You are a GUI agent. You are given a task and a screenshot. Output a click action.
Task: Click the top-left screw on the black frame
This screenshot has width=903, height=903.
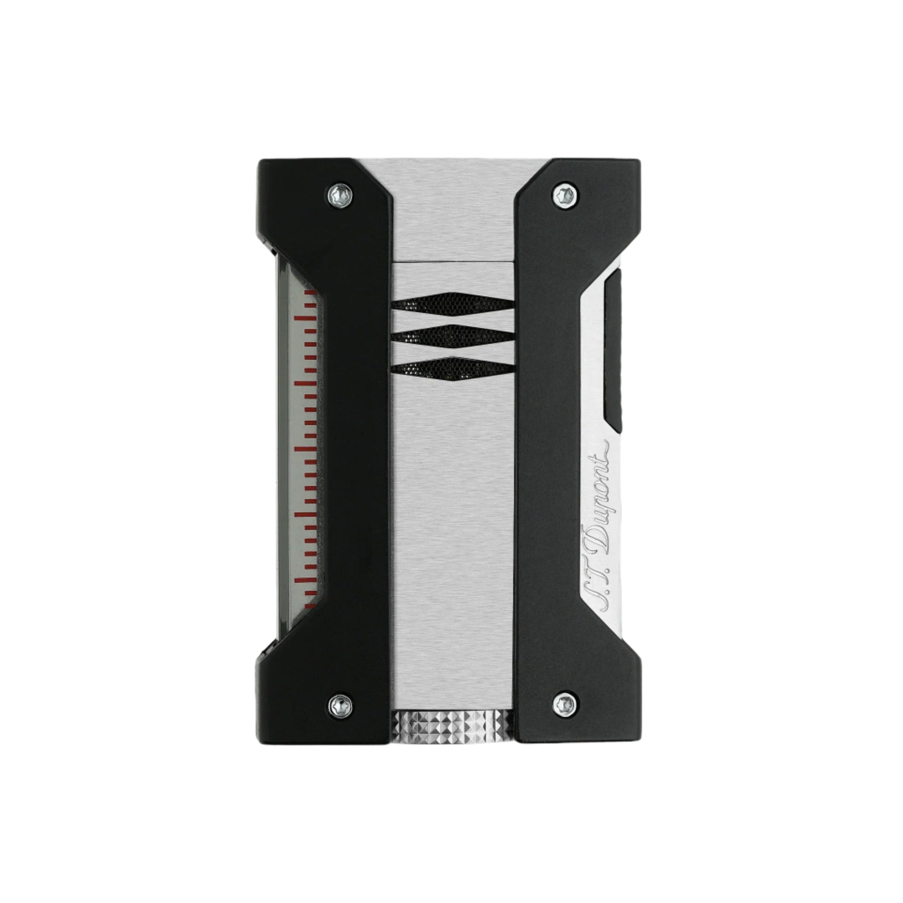(338, 193)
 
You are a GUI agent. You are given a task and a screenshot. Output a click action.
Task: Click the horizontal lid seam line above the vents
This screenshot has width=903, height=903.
(451, 260)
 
